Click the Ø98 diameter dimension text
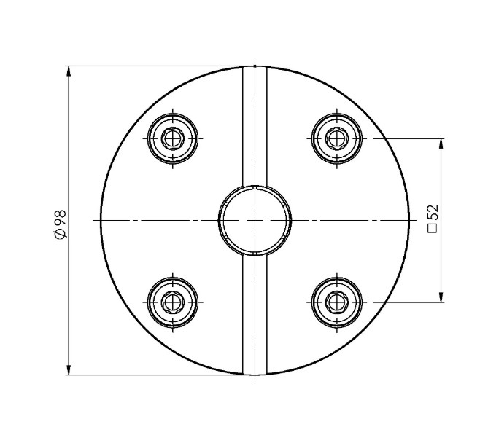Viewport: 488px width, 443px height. pyautogui.click(x=61, y=223)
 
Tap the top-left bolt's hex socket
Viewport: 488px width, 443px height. pyautogui.click(x=173, y=136)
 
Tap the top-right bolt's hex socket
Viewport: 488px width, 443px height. pyautogui.click(x=336, y=136)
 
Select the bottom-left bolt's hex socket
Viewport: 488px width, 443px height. pyautogui.click(x=173, y=299)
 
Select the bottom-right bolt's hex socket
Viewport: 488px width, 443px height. pyautogui.click(x=336, y=299)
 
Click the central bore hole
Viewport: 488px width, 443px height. pyautogui.click(x=255, y=219)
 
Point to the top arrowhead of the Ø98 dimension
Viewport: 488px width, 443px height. pyautogui.click(x=69, y=71)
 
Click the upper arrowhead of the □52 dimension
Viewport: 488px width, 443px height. pyautogui.click(x=441, y=143)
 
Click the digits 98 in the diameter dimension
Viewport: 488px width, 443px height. pyautogui.click(x=61, y=218)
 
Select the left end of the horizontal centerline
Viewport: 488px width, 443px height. pyautogui.click(x=95, y=219)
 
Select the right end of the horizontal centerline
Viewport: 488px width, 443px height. pyautogui.click(x=414, y=219)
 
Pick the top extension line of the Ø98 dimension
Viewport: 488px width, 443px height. pyautogui.click(x=153, y=66)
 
